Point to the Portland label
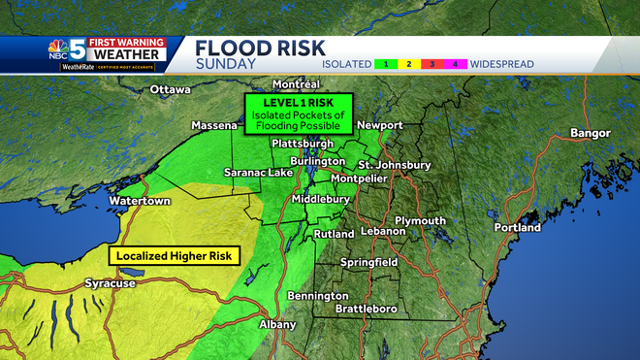(x=518, y=228)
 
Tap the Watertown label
(x=140, y=201)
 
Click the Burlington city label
(x=316, y=161)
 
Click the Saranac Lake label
(x=258, y=173)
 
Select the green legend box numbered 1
(x=387, y=64)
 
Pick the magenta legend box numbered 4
(x=456, y=64)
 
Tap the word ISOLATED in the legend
(x=346, y=64)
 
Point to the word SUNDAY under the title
(x=226, y=64)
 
